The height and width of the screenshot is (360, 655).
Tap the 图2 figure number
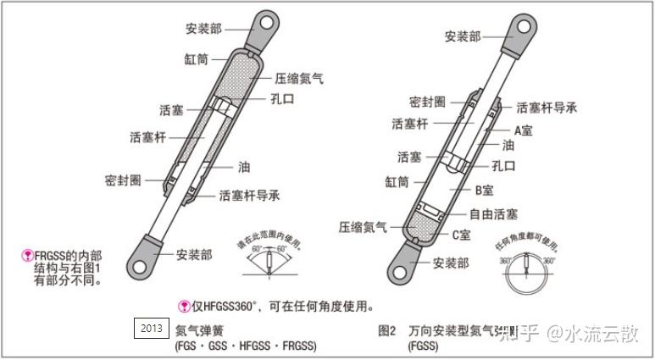(x=387, y=330)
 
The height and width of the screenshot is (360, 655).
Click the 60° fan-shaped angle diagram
(x=265, y=263)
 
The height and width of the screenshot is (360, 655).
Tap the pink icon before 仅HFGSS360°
(x=183, y=307)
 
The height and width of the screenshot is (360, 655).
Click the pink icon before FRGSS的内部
(x=27, y=254)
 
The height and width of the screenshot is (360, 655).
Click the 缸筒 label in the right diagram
(x=397, y=181)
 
